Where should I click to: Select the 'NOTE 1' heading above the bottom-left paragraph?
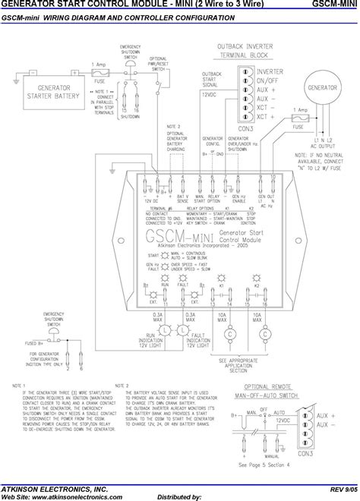19,386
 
